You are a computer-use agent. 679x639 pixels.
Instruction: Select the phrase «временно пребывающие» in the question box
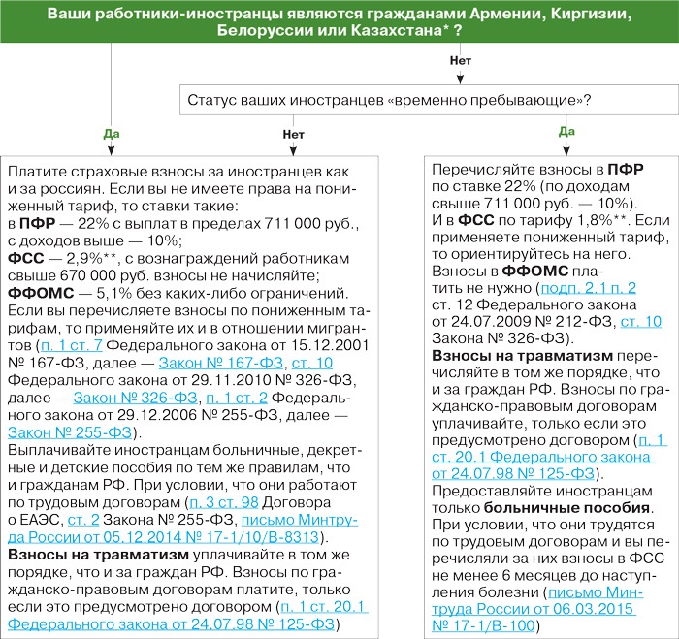[510, 100]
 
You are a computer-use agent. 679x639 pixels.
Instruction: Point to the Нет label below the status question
[293, 133]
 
